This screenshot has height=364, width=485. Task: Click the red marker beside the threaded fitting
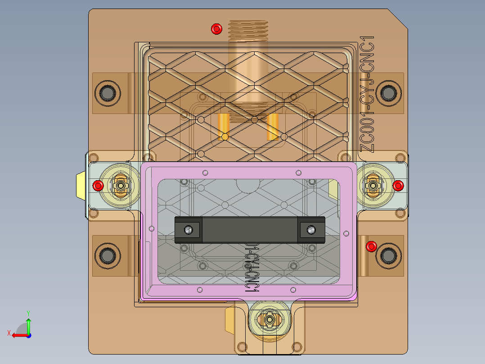point(216,30)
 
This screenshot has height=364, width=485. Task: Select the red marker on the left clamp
point(98,185)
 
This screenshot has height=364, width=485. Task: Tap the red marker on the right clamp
point(398,185)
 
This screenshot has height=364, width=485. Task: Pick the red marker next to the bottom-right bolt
point(371,246)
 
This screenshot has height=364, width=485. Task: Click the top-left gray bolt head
point(107,93)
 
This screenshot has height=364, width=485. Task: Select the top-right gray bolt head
point(387,93)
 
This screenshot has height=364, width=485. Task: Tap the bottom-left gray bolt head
point(107,255)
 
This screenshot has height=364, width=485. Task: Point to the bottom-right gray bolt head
point(387,255)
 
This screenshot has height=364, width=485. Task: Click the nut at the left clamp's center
point(121,185)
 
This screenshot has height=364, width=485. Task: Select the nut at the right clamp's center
point(373,185)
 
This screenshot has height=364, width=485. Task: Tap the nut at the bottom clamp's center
point(269,319)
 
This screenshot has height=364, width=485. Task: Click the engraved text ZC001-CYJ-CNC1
point(368,95)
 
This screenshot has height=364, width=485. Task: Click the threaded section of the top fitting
point(248,30)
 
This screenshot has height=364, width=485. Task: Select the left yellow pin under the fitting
point(224,127)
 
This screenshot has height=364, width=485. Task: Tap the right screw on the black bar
point(310,230)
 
